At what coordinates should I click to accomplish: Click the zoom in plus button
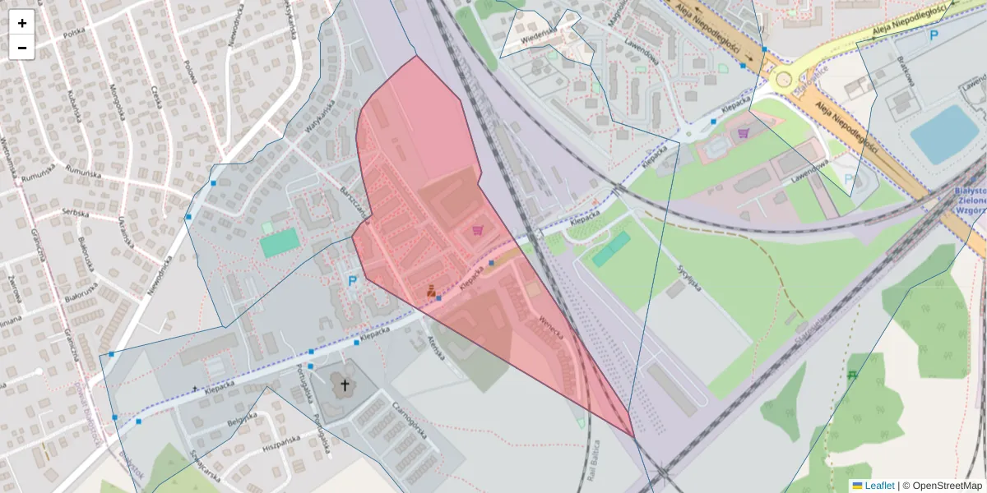point(22,23)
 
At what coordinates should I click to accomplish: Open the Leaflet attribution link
point(878,486)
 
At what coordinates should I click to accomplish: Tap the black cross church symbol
point(345,385)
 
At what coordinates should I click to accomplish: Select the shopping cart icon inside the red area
point(478,231)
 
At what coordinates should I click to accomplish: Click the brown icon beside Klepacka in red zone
point(431,290)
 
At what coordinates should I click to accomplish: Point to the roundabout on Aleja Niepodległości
point(783,80)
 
